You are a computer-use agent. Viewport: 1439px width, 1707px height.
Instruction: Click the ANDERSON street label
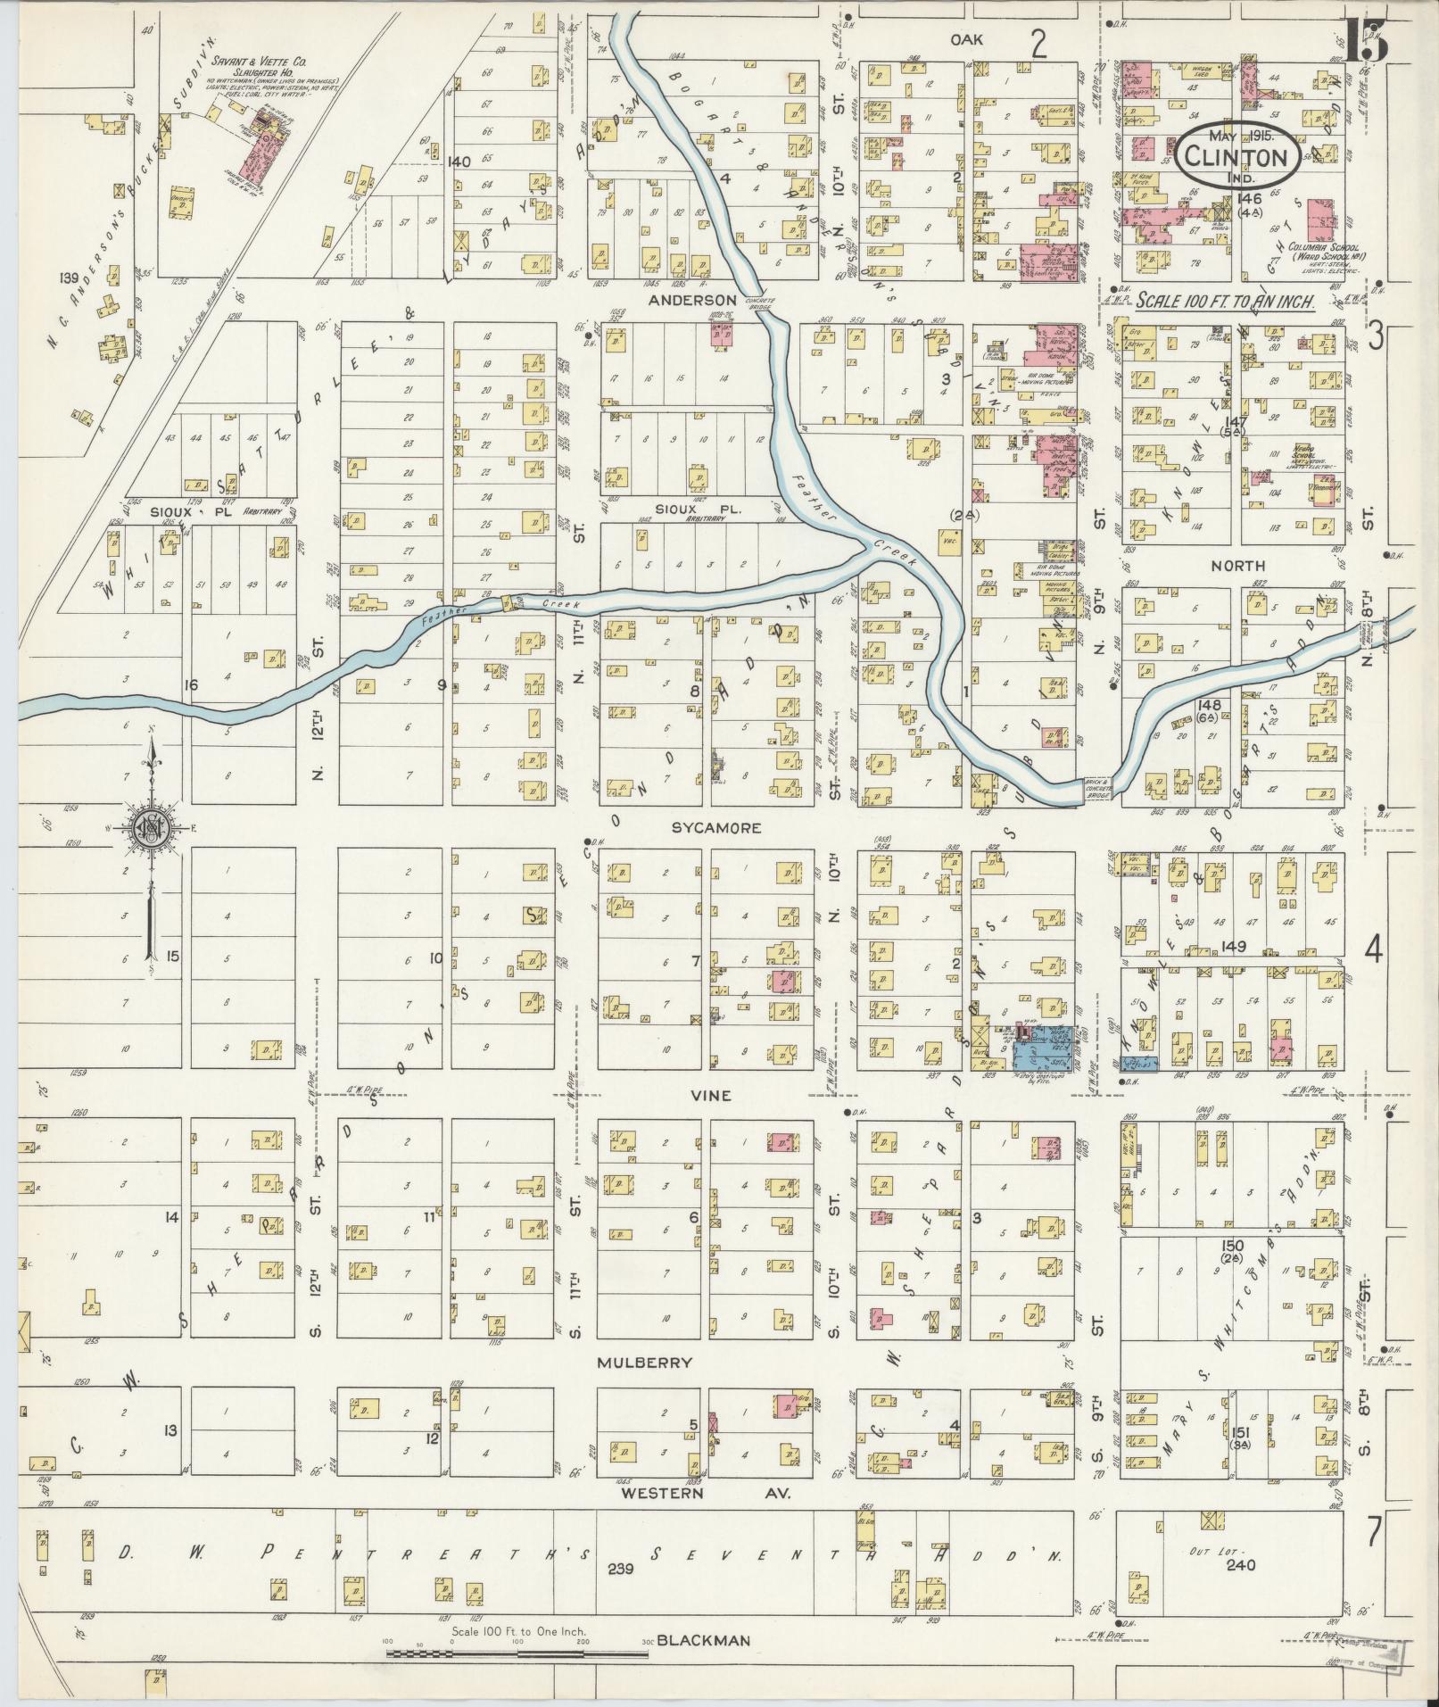(692, 300)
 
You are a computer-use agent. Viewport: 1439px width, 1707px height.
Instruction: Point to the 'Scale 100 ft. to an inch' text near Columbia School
(1226, 302)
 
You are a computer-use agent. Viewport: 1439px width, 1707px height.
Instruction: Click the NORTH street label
(1237, 566)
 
